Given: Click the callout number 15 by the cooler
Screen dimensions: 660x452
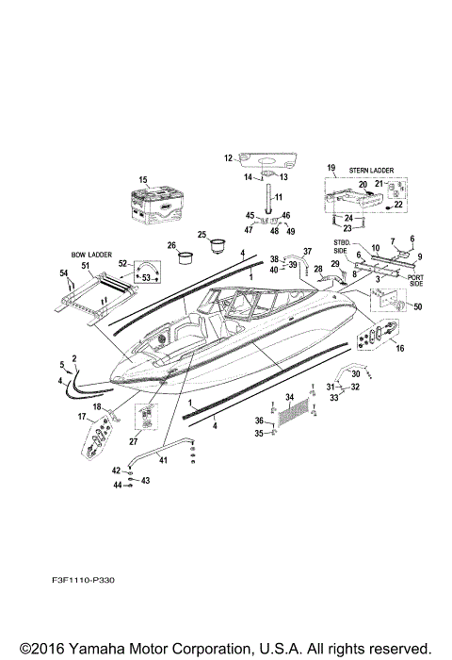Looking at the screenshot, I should pos(143,180).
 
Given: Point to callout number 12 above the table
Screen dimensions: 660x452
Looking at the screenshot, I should pos(227,157).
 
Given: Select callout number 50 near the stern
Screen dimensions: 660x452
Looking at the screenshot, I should pos(418,307).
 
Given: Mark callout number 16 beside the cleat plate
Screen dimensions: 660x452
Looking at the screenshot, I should pos(400,348).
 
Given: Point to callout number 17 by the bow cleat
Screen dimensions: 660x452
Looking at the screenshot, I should pos(82,416).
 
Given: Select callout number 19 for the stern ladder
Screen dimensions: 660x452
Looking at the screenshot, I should pos(331,168).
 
